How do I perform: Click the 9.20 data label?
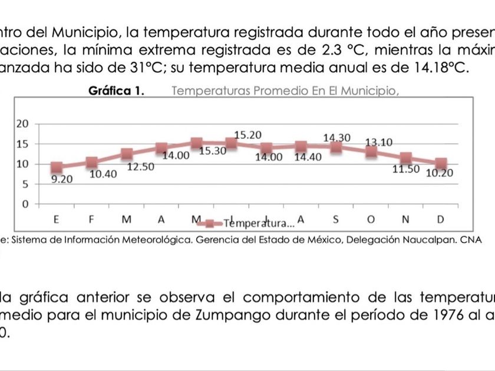click(62, 180)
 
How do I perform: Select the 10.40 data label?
click(103, 174)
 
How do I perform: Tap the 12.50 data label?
click(140, 167)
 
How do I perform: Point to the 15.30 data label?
click(213, 151)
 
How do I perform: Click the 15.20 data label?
click(247, 135)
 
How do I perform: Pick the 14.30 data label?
click(336, 138)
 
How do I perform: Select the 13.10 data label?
click(379, 143)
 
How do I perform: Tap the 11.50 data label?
click(406, 169)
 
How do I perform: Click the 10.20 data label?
click(440, 173)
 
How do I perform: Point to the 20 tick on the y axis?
click(22, 124)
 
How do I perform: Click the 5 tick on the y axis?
click(25, 184)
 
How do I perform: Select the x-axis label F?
click(91, 220)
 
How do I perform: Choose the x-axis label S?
click(336, 220)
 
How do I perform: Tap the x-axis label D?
click(440, 220)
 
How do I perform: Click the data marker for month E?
click(57, 167)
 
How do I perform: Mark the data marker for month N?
click(406, 158)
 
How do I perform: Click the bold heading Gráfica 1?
click(117, 91)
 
